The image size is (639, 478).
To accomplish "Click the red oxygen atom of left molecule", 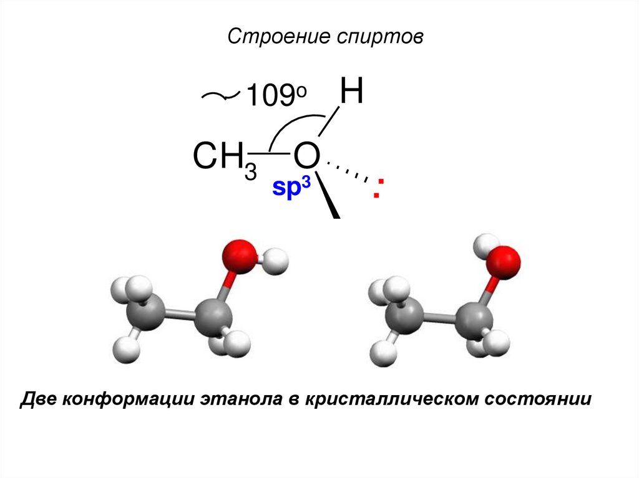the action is pos(238,257).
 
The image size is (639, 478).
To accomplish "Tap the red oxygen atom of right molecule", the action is pos(504,259).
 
